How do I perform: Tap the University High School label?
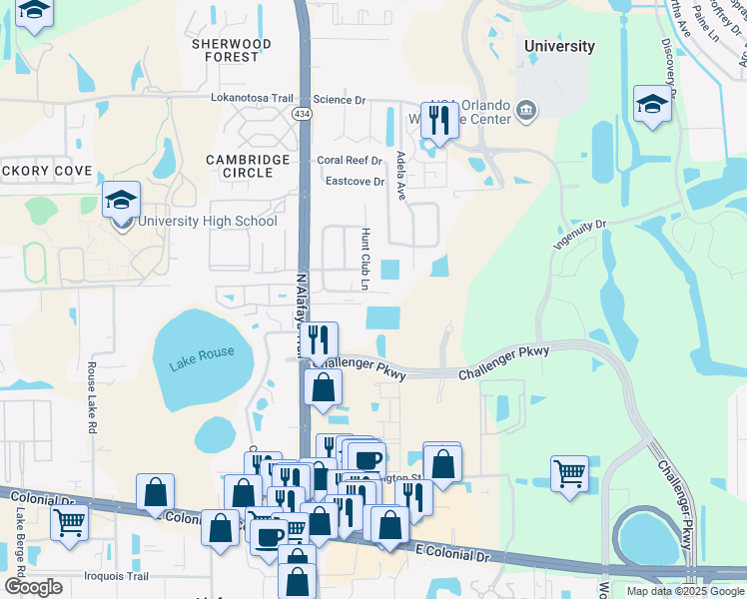coord(208,222)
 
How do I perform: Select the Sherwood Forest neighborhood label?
coord(232,51)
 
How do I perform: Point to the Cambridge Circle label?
coord(248,166)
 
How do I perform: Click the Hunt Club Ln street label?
coord(365,258)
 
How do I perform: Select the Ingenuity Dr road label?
coord(580,236)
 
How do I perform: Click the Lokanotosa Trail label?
coord(257,99)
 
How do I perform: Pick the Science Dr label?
coord(340,99)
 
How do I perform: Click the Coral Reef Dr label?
coord(350,161)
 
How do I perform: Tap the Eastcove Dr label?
coord(355,182)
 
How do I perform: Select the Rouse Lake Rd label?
coord(91,396)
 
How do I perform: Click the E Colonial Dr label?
coord(455,555)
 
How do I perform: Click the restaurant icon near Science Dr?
coord(439,119)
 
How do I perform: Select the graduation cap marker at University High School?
coord(121,199)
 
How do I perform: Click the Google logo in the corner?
coord(33,587)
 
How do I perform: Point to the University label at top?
coord(560,46)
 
